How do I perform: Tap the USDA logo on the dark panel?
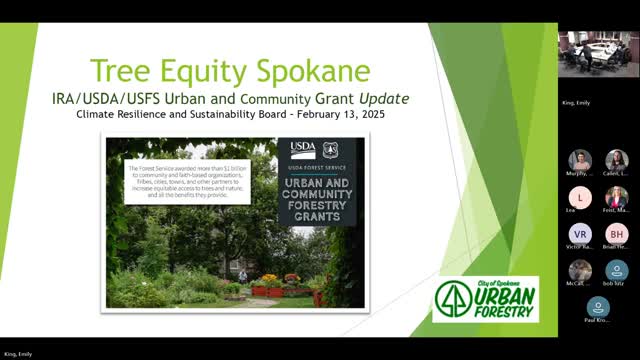(x=302, y=149)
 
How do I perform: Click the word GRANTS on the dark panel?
(x=315, y=215)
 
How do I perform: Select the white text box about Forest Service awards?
(x=188, y=181)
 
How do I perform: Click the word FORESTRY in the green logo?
(x=502, y=309)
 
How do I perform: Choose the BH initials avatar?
(x=616, y=232)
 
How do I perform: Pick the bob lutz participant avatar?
(x=616, y=269)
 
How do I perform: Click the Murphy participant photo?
(x=580, y=160)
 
